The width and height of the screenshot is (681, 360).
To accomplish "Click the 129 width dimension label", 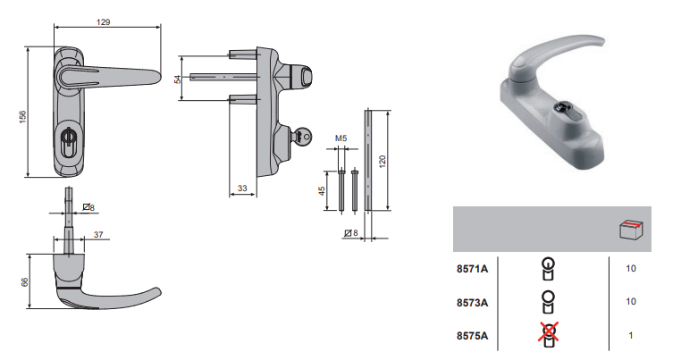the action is tap(104, 21).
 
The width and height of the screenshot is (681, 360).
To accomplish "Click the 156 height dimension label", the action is tap(22, 116).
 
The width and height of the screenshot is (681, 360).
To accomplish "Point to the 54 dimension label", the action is tap(178, 79).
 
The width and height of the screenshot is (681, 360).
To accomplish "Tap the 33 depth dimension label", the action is tap(242, 188).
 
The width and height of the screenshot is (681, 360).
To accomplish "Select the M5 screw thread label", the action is tap(340, 138).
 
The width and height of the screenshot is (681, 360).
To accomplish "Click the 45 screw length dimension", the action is tap(322, 190).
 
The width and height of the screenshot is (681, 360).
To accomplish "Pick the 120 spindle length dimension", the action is tap(383, 162).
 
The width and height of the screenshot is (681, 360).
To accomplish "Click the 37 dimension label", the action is tap(98, 235).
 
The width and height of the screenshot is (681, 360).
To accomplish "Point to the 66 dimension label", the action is tap(24, 281).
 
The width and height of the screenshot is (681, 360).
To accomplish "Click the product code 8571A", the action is tap(472, 269).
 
